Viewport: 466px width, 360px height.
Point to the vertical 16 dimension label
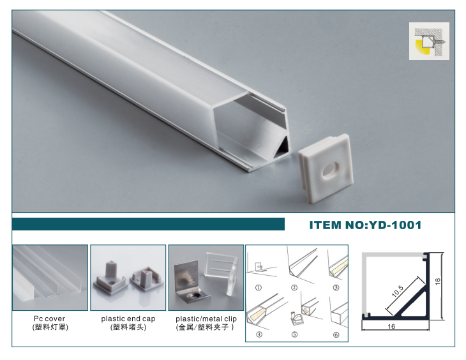pyautogui.click(x=437, y=281)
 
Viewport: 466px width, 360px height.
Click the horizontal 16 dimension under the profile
pyautogui.click(x=391, y=326)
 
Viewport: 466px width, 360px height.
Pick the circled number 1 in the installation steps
pyautogui.click(x=259, y=288)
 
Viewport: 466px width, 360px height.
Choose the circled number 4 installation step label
pyautogui.click(x=259, y=334)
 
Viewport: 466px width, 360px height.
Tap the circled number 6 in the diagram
pyautogui.click(x=336, y=334)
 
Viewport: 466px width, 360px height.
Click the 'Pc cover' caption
pyautogui.click(x=49, y=319)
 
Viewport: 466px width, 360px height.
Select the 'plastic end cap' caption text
pyautogui.click(x=128, y=319)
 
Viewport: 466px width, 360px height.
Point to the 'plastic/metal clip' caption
pyautogui.click(x=206, y=319)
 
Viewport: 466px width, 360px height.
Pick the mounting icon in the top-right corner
pyautogui.click(x=429, y=41)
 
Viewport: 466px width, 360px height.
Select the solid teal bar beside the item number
pyautogui.click(x=148, y=224)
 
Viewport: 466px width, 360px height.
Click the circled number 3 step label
pyautogui.click(x=336, y=287)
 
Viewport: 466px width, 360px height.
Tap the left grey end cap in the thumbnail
pyautogui.click(x=110, y=278)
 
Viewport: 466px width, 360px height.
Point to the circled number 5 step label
pyautogui.click(x=294, y=334)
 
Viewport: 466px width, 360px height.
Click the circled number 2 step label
pyautogui.click(x=294, y=287)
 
